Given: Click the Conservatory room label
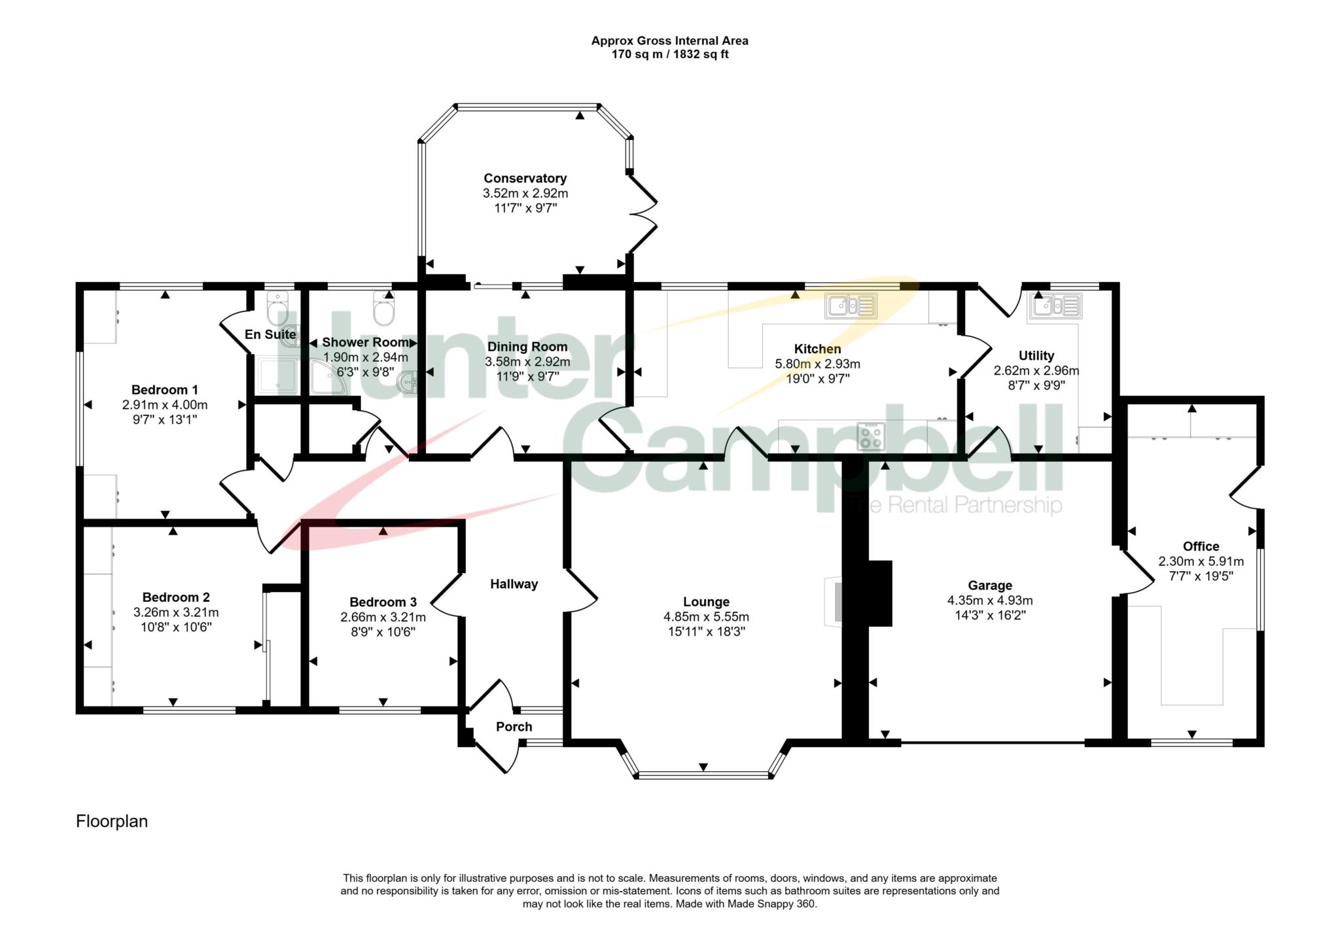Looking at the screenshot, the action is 525,178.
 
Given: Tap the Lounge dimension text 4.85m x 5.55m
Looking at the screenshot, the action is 706,617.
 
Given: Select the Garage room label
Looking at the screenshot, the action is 990,586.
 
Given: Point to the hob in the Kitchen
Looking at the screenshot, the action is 871,436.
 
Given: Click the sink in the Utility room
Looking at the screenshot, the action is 1055,306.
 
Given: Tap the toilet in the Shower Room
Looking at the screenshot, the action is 383,309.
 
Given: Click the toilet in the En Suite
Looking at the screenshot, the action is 277,309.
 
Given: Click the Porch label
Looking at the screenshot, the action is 514,727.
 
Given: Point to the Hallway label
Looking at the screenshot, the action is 514,584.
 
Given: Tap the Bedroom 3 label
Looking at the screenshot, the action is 383,602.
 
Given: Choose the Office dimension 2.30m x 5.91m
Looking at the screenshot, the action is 1201,561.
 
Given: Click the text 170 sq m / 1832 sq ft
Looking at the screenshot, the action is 670,54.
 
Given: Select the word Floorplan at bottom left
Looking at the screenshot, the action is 112,822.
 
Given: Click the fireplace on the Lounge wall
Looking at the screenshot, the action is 834,602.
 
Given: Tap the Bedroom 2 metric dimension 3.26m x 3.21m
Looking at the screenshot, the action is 176,613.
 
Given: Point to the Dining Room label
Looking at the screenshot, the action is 527,347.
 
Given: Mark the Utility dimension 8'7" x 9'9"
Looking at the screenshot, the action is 1036,385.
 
